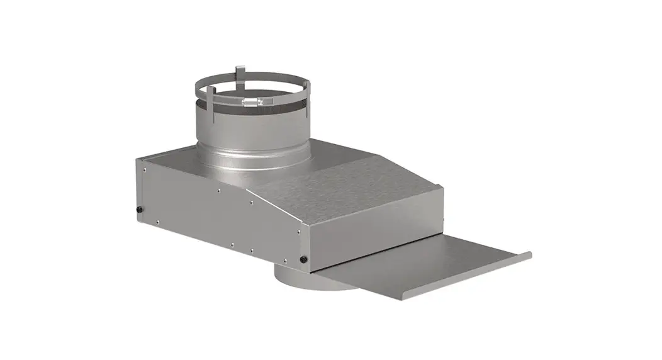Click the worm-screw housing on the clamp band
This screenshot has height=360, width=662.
(252, 101)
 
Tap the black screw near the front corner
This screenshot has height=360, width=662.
(304, 259)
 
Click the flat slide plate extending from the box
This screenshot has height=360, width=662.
(415, 264)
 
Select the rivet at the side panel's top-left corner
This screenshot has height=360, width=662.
(144, 168)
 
